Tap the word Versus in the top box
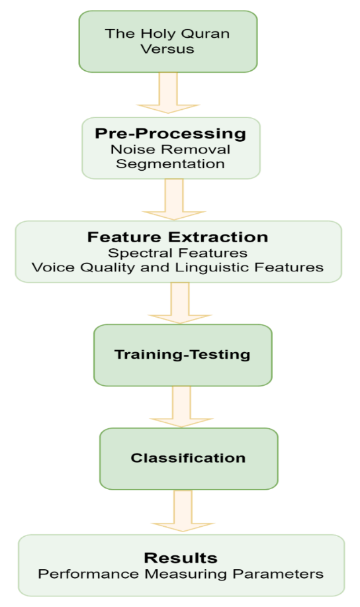(x=167, y=49)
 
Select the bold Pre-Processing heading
(x=170, y=134)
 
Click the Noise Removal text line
(x=170, y=150)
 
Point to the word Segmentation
(x=170, y=163)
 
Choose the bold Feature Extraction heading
(x=177, y=237)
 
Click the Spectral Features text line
(x=177, y=253)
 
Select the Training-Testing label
(x=183, y=355)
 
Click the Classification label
(x=188, y=458)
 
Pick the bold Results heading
(x=181, y=558)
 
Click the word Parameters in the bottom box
(x=278, y=574)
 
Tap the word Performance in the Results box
(x=88, y=574)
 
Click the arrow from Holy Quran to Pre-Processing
(x=168, y=93)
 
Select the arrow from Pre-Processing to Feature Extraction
(x=174, y=199)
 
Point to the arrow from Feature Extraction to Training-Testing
(x=180, y=303)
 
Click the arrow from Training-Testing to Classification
(x=181, y=406)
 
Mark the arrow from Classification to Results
(x=183, y=510)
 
